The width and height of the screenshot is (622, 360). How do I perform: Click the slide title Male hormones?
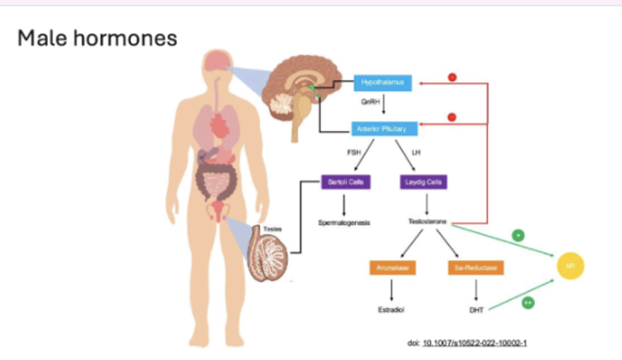coord(97,39)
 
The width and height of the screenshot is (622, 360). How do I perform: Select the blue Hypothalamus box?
coord(383,83)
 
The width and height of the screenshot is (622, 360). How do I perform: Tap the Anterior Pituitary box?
coord(383,127)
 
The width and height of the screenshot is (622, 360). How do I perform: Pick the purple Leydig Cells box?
coord(423,182)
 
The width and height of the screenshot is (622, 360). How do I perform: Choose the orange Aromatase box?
coord(391,266)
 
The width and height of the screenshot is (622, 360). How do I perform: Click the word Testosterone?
coord(428,222)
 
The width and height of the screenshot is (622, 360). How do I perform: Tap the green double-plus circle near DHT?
coord(528,303)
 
